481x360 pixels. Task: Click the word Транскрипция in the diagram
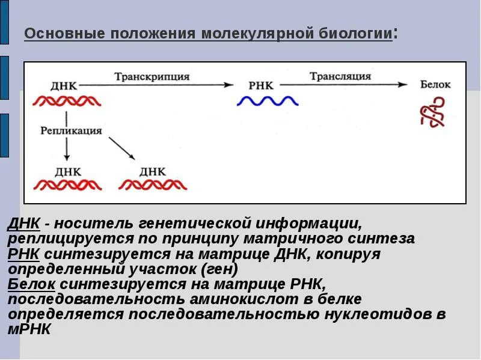tap(152, 77)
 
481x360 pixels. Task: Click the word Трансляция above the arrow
tap(340, 76)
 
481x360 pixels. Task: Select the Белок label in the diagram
tap(435, 85)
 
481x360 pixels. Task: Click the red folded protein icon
tap(434, 114)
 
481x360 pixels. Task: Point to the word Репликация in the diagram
tap(71, 130)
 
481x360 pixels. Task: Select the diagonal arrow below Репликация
tap(122, 148)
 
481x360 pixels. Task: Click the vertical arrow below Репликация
tap(66, 149)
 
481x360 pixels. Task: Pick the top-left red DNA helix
tap(66, 101)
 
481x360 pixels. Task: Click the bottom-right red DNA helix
tap(153, 185)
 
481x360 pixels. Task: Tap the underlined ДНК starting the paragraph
tap(24, 224)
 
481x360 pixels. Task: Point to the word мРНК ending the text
tap(29, 329)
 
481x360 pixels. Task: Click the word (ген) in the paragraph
tap(219, 269)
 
